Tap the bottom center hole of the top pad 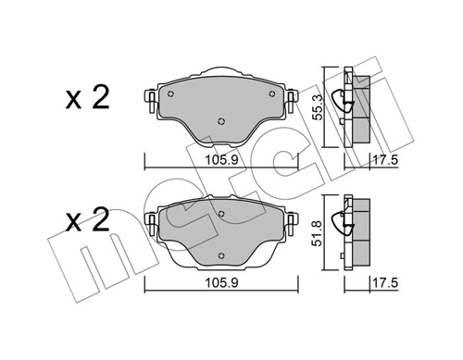[220, 121]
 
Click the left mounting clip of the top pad [151, 97]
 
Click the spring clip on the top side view [348, 100]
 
